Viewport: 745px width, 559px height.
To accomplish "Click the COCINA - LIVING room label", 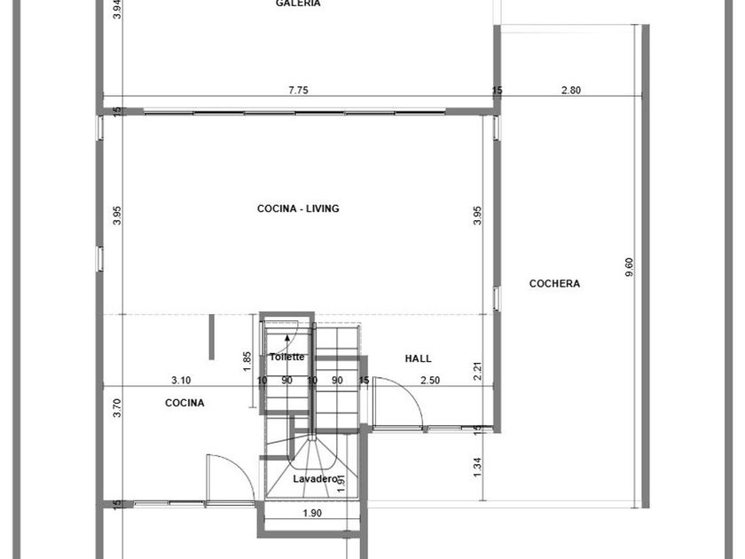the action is pos(298,209).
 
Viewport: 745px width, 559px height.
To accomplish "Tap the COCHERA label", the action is pos(554,284).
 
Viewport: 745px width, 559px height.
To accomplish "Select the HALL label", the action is pos(418,358).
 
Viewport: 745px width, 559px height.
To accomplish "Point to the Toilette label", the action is pos(287,357).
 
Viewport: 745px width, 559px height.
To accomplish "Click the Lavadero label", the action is pos(315,478).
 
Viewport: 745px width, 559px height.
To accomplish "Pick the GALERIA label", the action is pos(298,4).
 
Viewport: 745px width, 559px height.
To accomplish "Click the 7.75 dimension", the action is pos(298,90).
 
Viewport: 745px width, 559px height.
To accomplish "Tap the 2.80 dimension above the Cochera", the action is pos(571,90).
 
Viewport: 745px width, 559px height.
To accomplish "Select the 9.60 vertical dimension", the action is pos(629,268).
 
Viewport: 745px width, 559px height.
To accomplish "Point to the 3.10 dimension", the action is pos(181,381).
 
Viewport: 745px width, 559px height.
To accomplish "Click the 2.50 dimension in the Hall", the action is pos(430,381).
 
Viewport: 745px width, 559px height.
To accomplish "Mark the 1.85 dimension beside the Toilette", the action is pos(247,362).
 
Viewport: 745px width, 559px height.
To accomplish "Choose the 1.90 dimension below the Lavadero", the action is pos(312,514).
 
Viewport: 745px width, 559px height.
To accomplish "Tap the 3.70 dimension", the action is pos(118,408).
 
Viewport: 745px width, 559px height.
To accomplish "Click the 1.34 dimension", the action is pos(478,468).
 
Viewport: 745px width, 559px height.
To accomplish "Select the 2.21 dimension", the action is pos(478,371).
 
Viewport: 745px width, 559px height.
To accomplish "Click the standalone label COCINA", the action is pos(184,403).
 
